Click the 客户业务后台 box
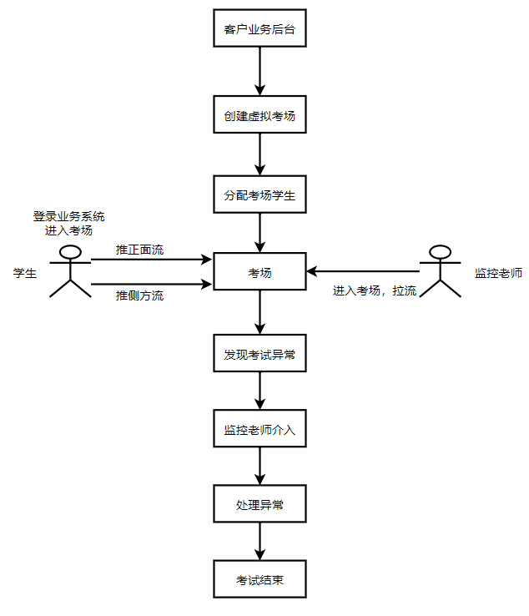pyautogui.click(x=259, y=30)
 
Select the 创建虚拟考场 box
pyautogui.click(x=259, y=117)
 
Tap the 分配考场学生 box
pyautogui.click(x=259, y=195)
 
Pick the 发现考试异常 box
pyautogui.click(x=259, y=355)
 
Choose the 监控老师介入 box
pyautogui.click(x=259, y=430)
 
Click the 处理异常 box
pyautogui.click(x=259, y=505)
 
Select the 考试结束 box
pyautogui.click(x=259, y=580)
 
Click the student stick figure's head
pyautogui.click(x=70, y=252)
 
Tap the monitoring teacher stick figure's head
pyautogui.click(x=440, y=252)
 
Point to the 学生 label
pyautogui.click(x=25, y=273)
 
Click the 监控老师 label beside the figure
pyautogui.click(x=498, y=273)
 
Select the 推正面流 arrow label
pyautogui.click(x=139, y=250)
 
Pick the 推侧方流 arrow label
pyautogui.click(x=139, y=295)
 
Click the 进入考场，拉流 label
pyautogui.click(x=375, y=290)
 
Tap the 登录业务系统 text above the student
pyautogui.click(x=69, y=215)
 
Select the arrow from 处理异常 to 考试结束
pyautogui.click(x=259, y=543)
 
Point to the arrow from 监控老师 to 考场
pyautogui.click(x=363, y=271)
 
